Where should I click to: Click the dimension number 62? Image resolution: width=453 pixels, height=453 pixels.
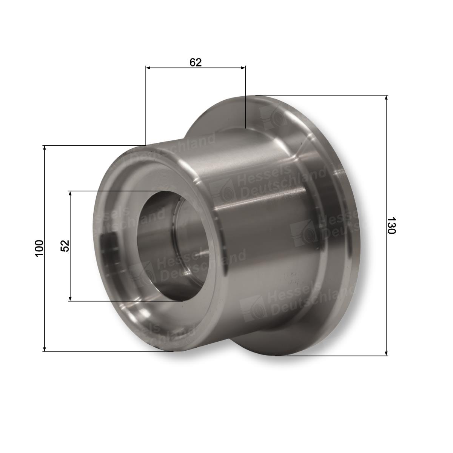click(195, 62)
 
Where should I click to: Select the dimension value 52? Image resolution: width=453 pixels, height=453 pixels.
click(65, 246)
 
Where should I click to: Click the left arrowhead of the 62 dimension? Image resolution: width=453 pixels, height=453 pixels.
click(148, 68)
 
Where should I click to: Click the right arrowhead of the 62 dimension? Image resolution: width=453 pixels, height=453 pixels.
click(243, 68)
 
